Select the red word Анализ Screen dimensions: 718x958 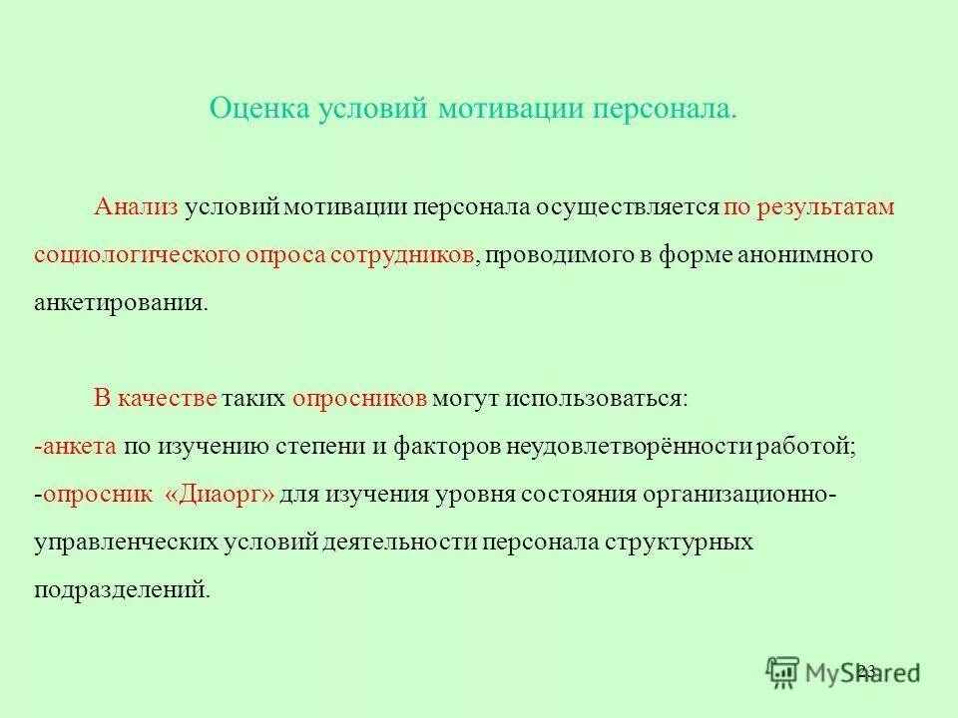[x=136, y=207]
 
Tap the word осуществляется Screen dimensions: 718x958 [x=630, y=207]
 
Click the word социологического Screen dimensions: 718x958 [x=137, y=255]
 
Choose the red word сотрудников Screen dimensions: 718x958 [x=402, y=255]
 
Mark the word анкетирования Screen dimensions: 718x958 [x=121, y=303]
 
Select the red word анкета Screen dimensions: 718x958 [x=81, y=447]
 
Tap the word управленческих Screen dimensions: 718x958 [x=127, y=542]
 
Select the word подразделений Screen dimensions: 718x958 [x=121, y=590]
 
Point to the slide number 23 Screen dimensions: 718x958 [x=866, y=670]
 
